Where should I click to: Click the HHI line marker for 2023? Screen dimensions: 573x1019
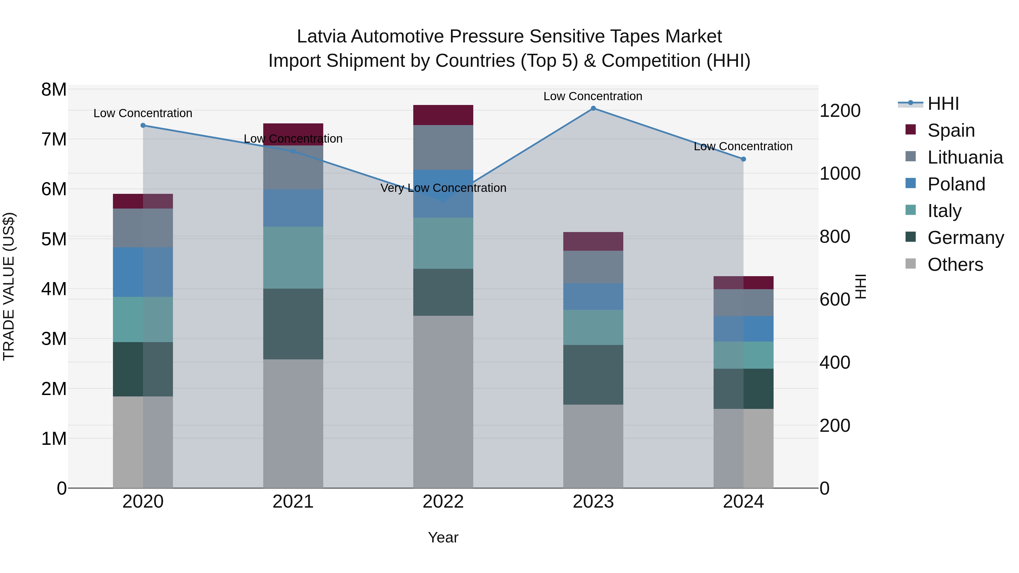pos(593,108)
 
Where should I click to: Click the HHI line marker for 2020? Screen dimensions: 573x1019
pos(143,125)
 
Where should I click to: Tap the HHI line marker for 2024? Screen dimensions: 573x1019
pos(743,159)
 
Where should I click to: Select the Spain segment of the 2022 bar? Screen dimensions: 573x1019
pos(443,115)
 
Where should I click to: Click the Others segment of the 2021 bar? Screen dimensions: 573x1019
pos(293,423)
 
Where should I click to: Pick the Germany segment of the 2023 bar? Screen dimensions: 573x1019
pos(593,374)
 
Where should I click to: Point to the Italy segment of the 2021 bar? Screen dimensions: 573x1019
pos(293,257)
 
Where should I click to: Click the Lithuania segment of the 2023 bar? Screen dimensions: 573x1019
pos(593,267)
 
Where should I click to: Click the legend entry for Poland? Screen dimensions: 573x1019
pos(956,184)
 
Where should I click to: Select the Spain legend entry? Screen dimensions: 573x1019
pos(951,130)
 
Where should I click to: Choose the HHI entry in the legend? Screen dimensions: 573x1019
pos(943,104)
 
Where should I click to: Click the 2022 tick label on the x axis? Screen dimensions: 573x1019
pos(443,502)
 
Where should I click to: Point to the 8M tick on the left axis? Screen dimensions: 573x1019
pos(54,90)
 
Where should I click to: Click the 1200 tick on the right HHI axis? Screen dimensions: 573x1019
pos(840,111)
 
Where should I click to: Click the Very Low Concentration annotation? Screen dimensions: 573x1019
pos(443,188)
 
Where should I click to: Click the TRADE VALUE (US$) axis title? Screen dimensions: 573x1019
pos(9,286)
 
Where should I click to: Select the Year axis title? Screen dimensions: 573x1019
pos(443,537)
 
